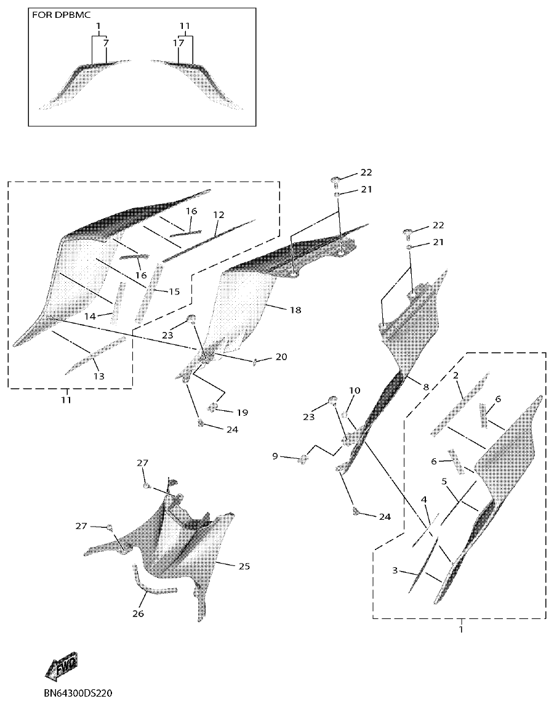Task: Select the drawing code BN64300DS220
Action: click(x=79, y=692)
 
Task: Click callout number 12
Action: click(x=219, y=215)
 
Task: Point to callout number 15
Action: click(x=174, y=291)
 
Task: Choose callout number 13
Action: click(x=98, y=376)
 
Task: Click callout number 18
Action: click(x=295, y=310)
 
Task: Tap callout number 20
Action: click(x=281, y=357)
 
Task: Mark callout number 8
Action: click(x=425, y=387)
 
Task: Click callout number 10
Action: click(x=355, y=390)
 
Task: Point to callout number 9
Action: click(x=275, y=456)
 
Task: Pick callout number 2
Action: click(x=456, y=375)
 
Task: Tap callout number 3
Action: click(x=395, y=571)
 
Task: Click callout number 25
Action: click(x=244, y=566)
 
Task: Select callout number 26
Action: click(x=138, y=614)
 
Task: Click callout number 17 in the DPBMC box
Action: click(x=179, y=44)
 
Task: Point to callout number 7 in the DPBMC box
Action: click(x=106, y=44)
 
